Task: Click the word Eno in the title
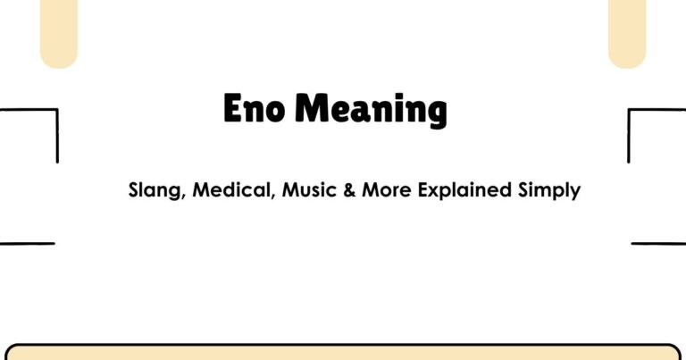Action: pos(255,109)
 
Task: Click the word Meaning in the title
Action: pos(372,110)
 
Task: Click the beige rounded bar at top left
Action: pos(59,31)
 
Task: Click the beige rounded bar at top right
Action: pos(626,31)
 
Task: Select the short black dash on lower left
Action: pos(27,243)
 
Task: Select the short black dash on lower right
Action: pos(658,243)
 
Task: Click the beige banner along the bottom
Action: pos(343,353)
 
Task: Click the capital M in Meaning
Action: pos(312,109)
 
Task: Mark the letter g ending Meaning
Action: pos(436,113)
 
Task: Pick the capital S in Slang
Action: pos(134,190)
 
